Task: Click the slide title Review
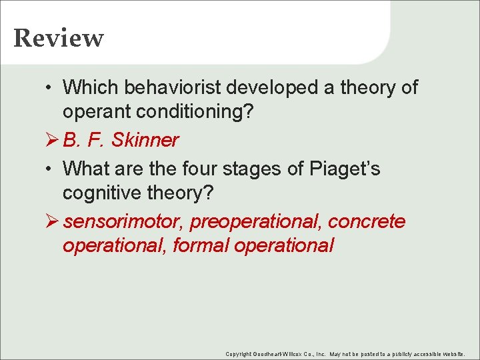59,38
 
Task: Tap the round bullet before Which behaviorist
49,88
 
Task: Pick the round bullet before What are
49,169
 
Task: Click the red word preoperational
251,221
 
